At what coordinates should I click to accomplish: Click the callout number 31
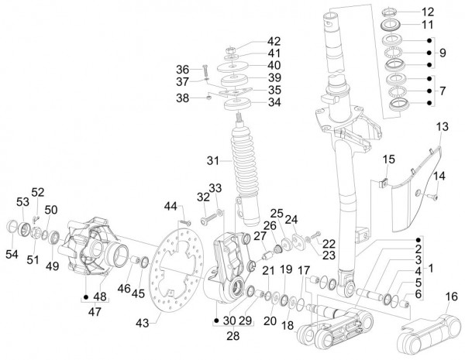(x=214, y=160)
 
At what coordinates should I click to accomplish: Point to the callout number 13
(x=442, y=126)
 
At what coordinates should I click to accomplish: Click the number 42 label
(x=274, y=41)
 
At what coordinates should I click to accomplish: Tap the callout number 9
(x=443, y=54)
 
